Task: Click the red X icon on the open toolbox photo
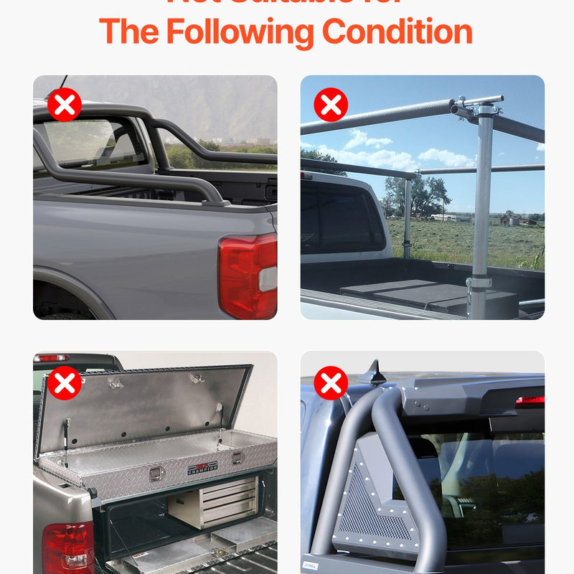[65, 382]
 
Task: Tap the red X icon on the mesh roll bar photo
[331, 382]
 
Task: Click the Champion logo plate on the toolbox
[202, 469]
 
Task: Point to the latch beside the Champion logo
[155, 473]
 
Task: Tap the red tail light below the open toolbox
[67, 547]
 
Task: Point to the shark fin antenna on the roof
[375, 372]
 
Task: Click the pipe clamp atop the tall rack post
[484, 107]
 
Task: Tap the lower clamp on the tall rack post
[479, 283]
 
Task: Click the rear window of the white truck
[342, 218]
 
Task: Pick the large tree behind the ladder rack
[416, 194]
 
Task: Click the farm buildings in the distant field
[511, 218]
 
